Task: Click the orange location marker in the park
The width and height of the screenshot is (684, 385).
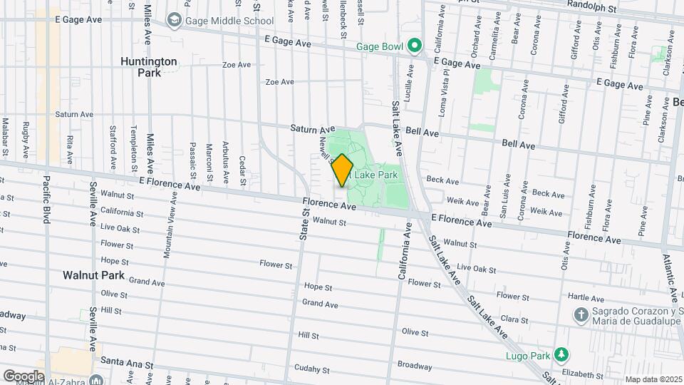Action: (343, 170)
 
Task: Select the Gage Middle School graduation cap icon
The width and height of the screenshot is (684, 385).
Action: (174, 21)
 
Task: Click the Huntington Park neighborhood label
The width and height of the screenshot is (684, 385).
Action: (148, 67)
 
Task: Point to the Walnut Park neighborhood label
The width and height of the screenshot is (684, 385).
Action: (93, 274)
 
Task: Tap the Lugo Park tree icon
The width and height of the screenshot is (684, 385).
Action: (562, 354)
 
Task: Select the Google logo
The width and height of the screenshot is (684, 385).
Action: (24, 375)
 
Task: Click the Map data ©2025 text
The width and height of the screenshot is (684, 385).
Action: (653, 379)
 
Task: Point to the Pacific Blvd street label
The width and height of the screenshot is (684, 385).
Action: (46, 200)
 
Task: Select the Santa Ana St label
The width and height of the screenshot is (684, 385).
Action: (127, 362)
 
